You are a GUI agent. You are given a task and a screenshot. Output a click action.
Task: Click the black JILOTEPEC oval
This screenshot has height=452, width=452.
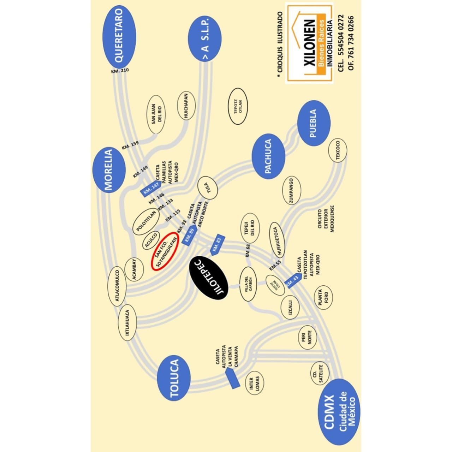(209, 278)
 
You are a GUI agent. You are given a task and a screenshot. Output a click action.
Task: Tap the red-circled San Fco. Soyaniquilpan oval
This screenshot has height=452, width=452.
(165, 251)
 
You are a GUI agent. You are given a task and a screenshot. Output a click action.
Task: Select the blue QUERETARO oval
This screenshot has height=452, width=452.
(119, 37)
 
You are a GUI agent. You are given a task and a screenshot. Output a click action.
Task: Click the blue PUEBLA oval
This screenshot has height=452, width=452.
(314, 123)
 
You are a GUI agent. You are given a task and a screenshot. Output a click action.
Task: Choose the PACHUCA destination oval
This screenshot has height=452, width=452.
(268, 156)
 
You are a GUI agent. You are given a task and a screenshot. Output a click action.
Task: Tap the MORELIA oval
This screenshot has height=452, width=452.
(109, 170)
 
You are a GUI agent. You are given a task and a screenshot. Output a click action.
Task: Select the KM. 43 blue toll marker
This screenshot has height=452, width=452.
(293, 281)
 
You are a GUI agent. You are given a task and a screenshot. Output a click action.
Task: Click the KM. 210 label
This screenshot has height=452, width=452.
(120, 70)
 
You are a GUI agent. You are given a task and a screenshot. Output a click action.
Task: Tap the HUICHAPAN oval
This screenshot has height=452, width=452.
(186, 106)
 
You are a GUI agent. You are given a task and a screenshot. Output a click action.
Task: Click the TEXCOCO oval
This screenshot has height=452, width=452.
(338, 150)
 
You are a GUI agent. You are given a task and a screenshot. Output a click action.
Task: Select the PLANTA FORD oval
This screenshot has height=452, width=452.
(323, 297)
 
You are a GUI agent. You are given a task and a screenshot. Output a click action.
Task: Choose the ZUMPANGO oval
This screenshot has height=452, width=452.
(292, 190)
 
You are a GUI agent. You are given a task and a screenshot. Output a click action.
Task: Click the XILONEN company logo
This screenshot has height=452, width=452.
(309, 43)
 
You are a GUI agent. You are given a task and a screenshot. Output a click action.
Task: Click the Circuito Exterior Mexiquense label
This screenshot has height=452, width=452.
(326, 219)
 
